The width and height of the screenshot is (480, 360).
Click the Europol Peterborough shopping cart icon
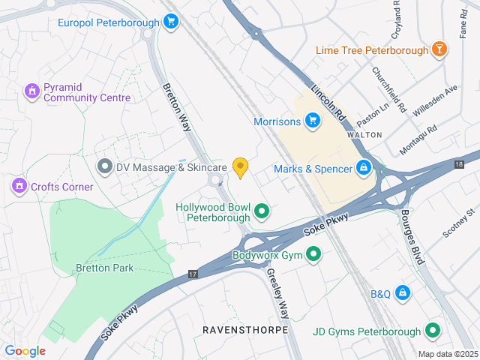coord(171,22)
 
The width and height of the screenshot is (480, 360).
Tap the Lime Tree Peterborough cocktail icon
coord(439,50)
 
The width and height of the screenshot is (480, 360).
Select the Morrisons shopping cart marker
coord(313,120)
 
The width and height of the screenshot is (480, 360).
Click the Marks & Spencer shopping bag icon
coord(364,167)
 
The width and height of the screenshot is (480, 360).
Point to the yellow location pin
coord(240,167)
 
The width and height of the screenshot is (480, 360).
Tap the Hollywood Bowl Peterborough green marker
coord(262,212)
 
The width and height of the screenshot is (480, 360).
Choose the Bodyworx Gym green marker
coord(314,255)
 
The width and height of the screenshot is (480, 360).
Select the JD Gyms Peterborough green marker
coord(432,330)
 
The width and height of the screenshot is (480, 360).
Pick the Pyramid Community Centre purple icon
coord(31,91)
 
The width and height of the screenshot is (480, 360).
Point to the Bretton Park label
coord(104,268)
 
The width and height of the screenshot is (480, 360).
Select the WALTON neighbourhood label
coord(364,134)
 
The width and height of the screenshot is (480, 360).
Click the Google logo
coord(25,351)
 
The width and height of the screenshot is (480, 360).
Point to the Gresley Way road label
coord(277,293)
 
